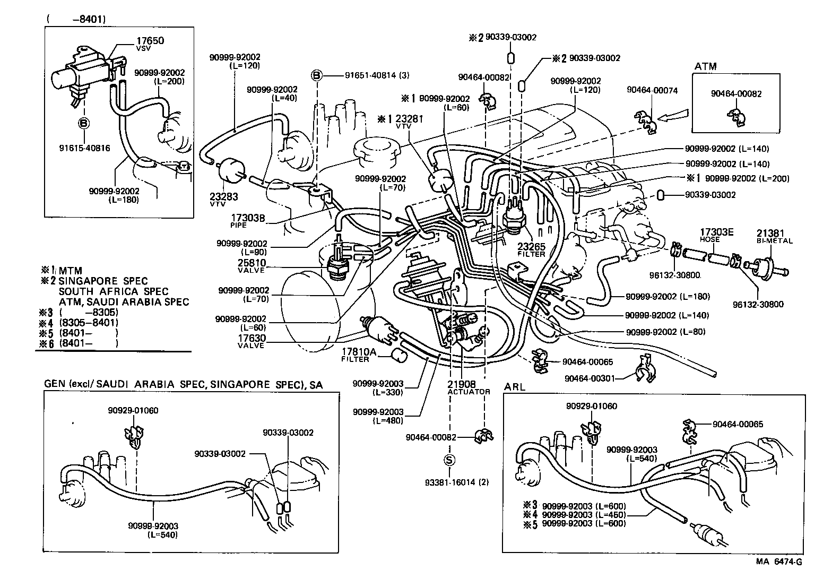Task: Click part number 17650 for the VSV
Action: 150,40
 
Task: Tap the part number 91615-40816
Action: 84,148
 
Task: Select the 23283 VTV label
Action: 224,200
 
